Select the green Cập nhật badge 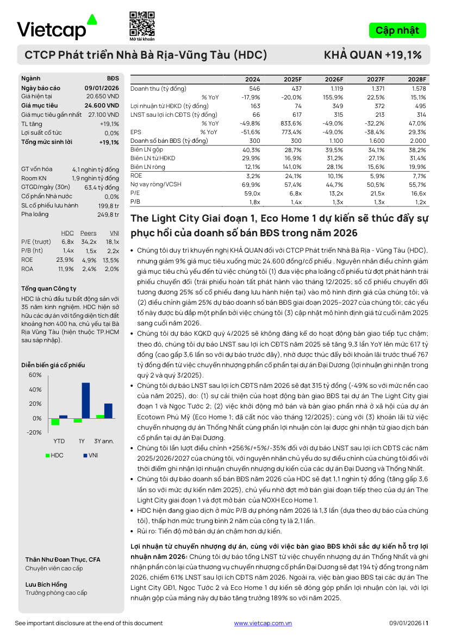397,30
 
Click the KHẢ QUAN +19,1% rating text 372,55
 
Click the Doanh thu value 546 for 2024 254,88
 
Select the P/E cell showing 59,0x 253,193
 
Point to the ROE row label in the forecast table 136,175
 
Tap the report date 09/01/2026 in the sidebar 102,88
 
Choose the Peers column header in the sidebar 88,233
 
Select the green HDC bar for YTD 55,422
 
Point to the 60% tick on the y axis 35,375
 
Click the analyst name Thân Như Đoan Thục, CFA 63,559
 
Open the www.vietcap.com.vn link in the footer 263,623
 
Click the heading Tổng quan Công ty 49,288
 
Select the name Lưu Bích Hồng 46,584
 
